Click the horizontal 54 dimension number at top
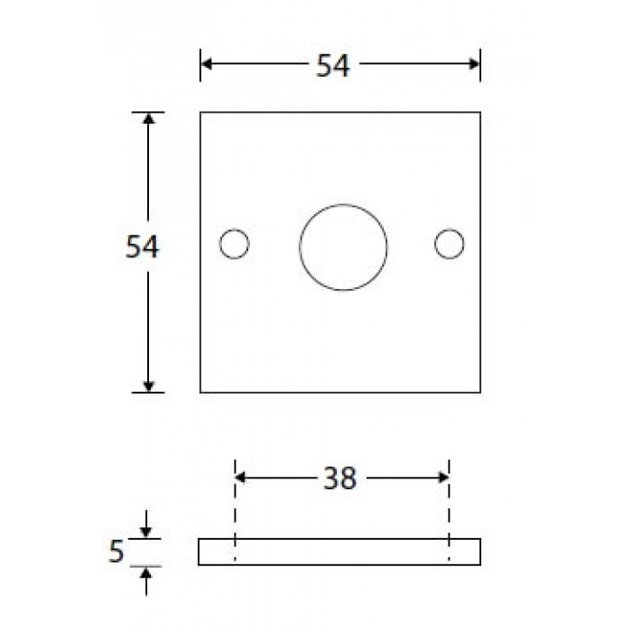pyautogui.click(x=333, y=65)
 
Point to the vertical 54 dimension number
pyautogui.click(x=143, y=246)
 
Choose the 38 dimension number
pyautogui.click(x=340, y=479)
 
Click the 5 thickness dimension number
pyautogui.click(x=116, y=552)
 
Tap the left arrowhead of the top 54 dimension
pyautogui.click(x=207, y=64)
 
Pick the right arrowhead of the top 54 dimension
pyautogui.click(x=474, y=64)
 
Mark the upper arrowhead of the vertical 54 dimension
pyautogui.click(x=148, y=118)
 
